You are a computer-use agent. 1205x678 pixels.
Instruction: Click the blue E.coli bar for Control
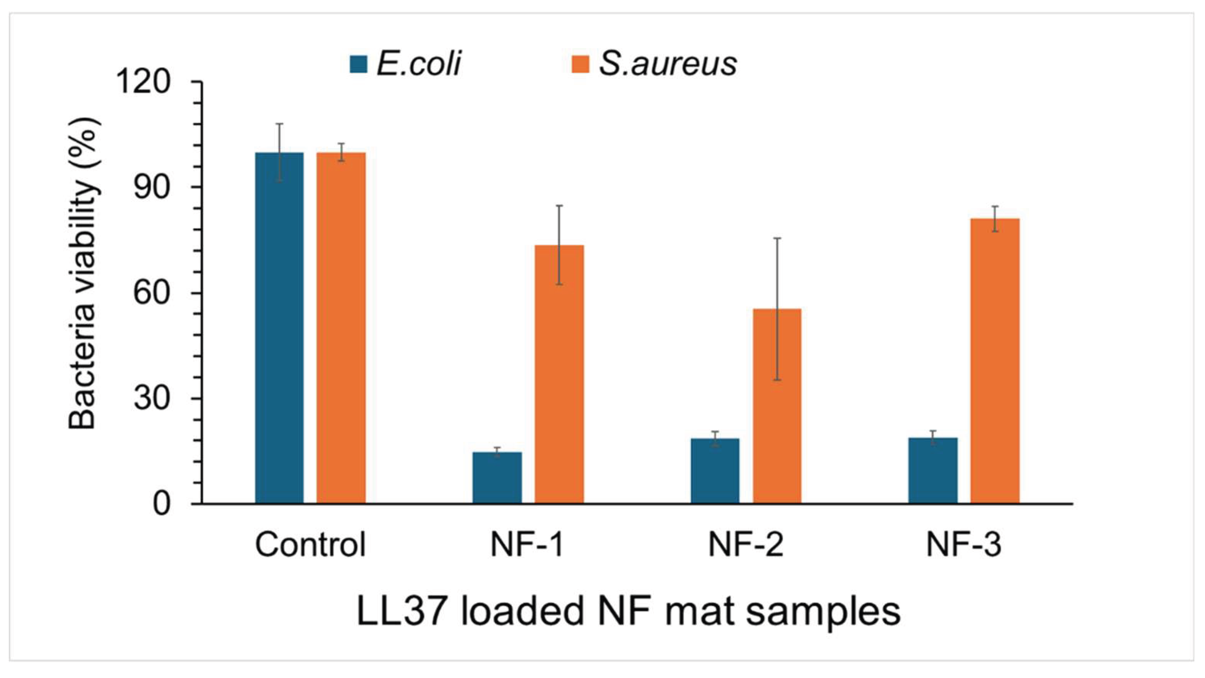(279, 327)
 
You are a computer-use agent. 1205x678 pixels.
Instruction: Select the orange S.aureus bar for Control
(341, 327)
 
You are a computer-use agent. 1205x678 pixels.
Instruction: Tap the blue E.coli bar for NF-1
(497, 477)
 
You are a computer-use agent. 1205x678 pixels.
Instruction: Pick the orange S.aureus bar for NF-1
(559, 374)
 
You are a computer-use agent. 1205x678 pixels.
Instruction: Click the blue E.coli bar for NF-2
(715, 470)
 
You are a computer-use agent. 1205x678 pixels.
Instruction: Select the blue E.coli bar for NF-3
(933, 470)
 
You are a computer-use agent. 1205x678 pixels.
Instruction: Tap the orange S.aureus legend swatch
(580, 64)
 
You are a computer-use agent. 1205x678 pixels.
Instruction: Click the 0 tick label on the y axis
(161, 505)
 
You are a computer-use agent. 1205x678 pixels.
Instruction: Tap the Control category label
(310, 545)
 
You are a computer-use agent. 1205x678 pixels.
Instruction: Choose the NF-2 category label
(746, 545)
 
